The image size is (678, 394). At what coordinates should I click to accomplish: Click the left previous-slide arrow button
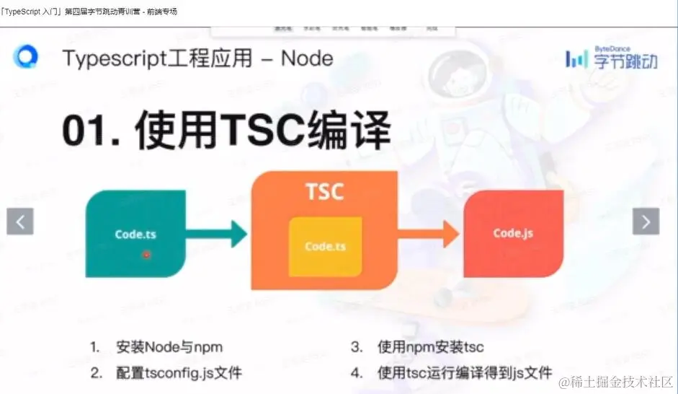[x=20, y=222]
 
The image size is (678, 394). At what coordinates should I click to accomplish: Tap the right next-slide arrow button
[x=646, y=222]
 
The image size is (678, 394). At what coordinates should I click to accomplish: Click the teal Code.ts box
[x=135, y=234]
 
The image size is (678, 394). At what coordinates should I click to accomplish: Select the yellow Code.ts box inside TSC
[x=325, y=246]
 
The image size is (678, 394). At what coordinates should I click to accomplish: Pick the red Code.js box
[x=513, y=233]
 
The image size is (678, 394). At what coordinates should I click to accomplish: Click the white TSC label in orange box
[x=324, y=192]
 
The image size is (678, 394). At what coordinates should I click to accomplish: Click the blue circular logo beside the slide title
[x=26, y=57]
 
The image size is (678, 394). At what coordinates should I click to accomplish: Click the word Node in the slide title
[x=307, y=58]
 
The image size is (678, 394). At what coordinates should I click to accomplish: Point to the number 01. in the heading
[x=90, y=131]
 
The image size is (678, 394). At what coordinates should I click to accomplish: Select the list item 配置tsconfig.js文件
[x=179, y=373]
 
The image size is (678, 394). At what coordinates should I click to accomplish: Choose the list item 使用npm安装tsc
[x=430, y=347]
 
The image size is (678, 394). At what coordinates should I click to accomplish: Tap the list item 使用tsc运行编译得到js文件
[x=464, y=373]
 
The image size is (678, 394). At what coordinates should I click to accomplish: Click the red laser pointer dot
[x=146, y=254]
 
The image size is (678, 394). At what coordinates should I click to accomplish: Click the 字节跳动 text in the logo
[x=625, y=61]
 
